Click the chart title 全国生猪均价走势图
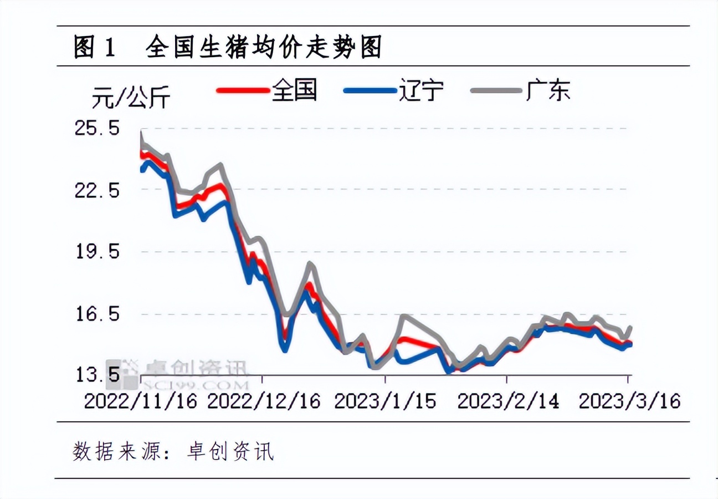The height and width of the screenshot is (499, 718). [264, 49]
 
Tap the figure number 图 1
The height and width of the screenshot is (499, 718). [95, 49]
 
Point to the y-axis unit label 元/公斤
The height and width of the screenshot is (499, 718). [131, 99]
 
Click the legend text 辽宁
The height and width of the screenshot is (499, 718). [421, 90]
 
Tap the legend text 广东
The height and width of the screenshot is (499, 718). [548, 90]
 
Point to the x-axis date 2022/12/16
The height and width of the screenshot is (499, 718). [264, 401]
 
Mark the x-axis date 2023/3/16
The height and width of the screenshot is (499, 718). [629, 401]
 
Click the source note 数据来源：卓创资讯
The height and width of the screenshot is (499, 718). [173, 451]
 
